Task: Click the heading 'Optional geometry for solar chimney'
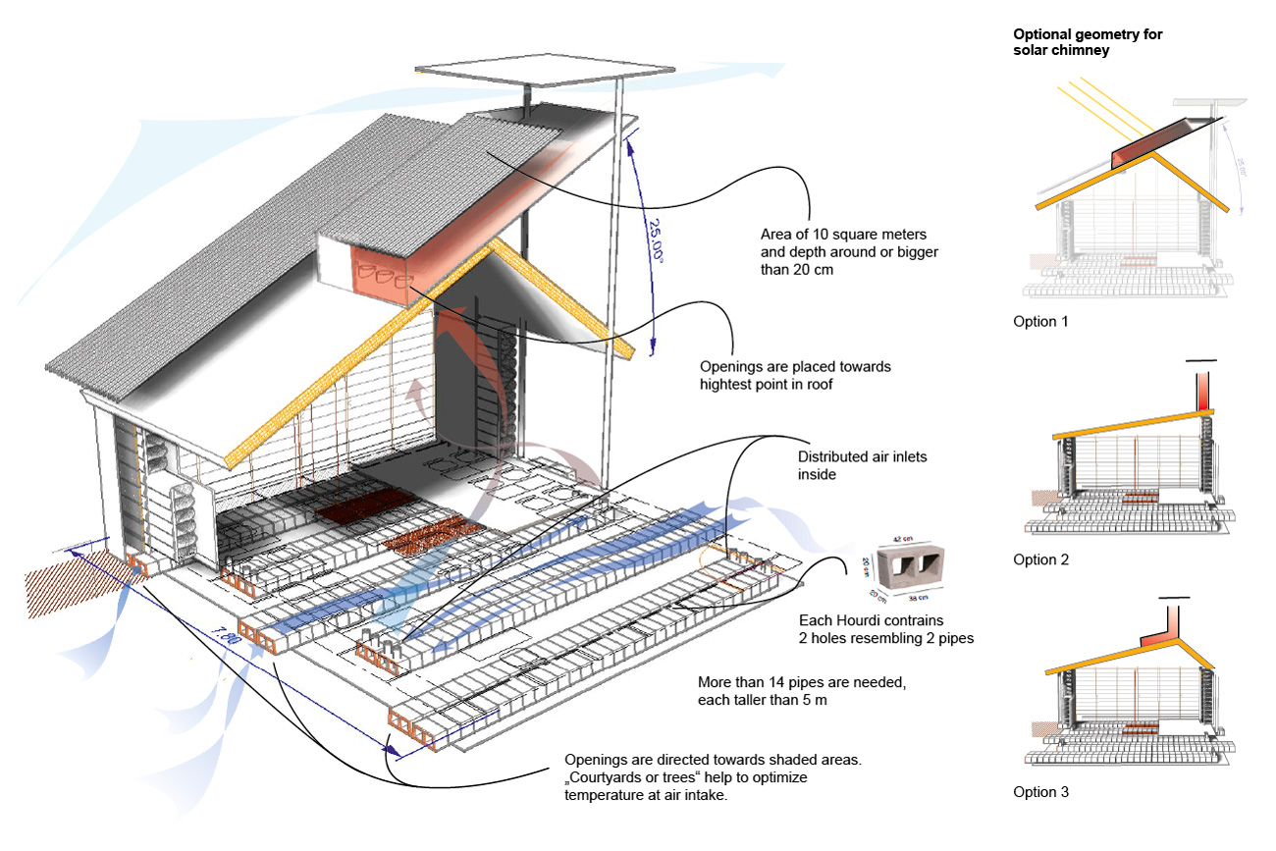coord(1088,42)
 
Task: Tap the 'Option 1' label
coord(1039,322)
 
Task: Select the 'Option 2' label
coord(1039,560)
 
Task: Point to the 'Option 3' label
coord(1039,792)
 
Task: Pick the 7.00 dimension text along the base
coord(230,640)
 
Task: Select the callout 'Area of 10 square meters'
coord(843,235)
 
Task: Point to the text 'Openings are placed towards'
coord(795,367)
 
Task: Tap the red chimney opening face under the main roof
coord(383,273)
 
